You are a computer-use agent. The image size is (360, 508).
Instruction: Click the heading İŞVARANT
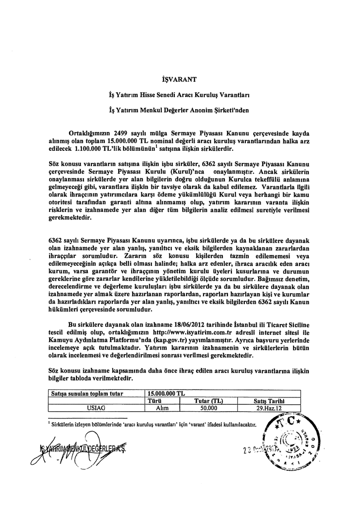(180, 79)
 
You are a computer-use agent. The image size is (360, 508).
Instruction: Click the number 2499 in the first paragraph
(122, 133)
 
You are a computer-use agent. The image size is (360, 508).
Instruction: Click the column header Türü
(163, 401)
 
